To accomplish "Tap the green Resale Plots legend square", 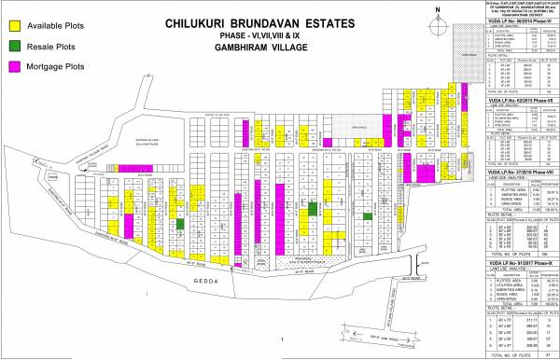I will click(15, 45).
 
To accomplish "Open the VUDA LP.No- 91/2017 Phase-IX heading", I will click(518, 264).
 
